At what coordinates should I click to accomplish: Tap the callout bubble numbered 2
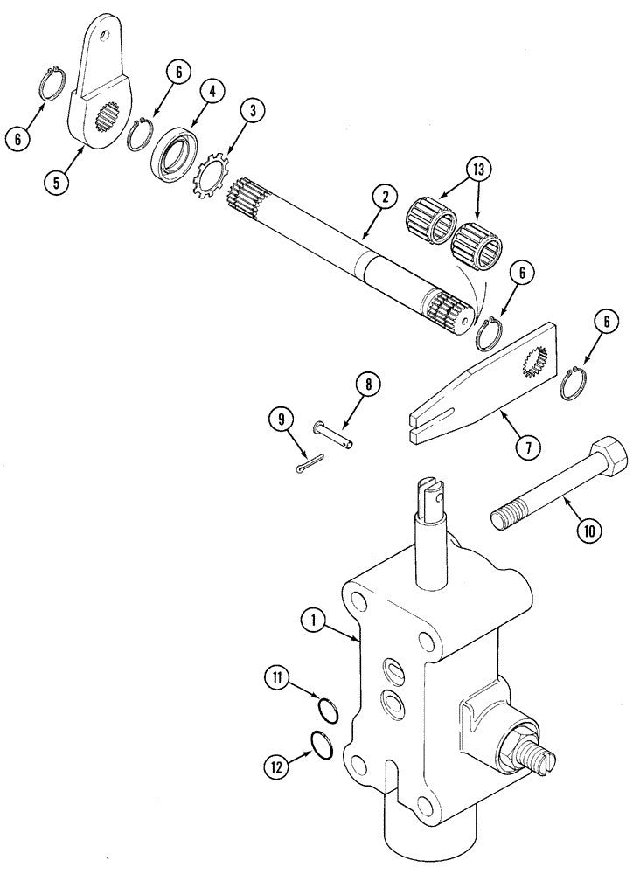pos(386,198)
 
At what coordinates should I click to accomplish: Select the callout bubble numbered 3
pos(253,111)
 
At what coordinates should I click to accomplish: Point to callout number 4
pos(212,92)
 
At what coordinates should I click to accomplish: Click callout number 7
pos(527,446)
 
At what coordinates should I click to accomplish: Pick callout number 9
pos(282,418)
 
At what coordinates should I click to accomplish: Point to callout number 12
pos(278,768)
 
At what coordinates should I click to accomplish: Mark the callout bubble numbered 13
pos(479,169)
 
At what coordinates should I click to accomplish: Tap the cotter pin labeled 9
pos(310,463)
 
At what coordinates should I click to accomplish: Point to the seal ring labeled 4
pos(174,153)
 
